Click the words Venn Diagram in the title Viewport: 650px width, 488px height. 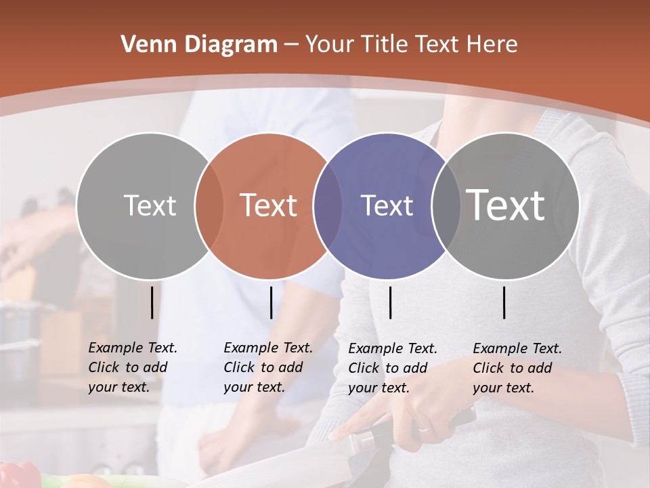point(199,45)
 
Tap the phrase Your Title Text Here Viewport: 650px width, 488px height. point(411,45)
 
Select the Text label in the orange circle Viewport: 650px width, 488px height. point(269,205)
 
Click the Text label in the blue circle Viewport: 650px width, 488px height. point(387,205)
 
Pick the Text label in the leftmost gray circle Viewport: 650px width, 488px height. point(150,205)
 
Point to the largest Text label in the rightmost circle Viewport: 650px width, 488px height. point(506,205)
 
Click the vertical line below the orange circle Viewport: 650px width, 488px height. point(271,302)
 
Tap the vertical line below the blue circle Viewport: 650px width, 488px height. point(391,302)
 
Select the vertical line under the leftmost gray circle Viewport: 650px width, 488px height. point(152,302)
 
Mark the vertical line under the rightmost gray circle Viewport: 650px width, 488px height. point(504,302)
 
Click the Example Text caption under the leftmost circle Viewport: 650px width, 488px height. point(133,367)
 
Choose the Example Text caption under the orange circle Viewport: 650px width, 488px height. point(268,367)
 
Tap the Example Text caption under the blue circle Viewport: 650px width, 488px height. point(393,368)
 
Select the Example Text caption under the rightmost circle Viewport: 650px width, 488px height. point(517,368)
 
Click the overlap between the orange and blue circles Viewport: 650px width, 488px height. point(328,205)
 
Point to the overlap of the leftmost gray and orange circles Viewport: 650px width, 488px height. point(209,205)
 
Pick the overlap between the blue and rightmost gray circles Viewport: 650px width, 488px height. point(446,205)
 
